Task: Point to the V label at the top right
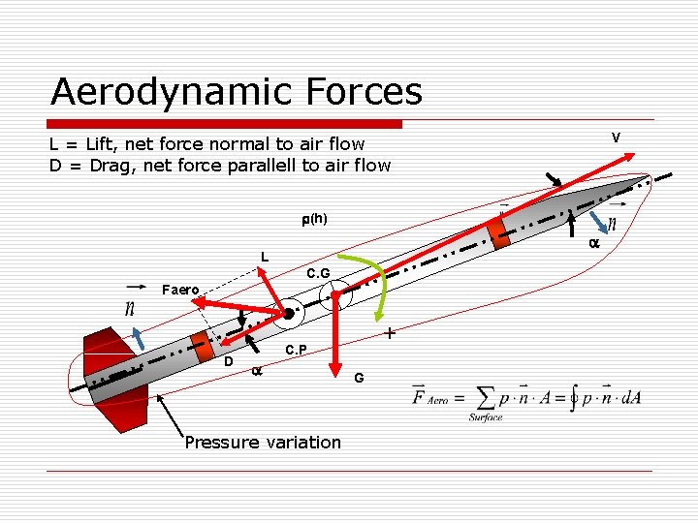point(616,138)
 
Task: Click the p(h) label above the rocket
point(313,219)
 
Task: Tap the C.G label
point(318,275)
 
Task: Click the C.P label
point(297,350)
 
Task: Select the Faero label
point(180,290)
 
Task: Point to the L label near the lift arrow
point(263,257)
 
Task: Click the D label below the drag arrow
point(228,361)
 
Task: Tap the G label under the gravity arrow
point(359,377)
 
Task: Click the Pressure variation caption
point(263,443)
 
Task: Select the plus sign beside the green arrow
point(389,334)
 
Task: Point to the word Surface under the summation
point(485,417)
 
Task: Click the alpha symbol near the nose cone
point(594,245)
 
